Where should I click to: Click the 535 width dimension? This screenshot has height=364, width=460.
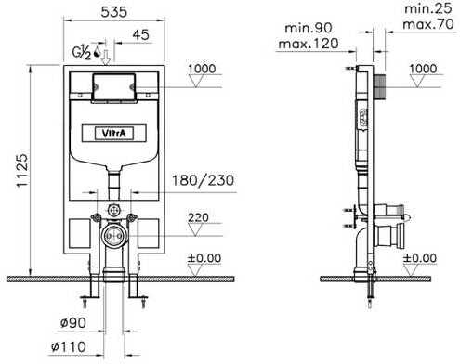114,12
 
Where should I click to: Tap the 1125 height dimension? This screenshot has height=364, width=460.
22,170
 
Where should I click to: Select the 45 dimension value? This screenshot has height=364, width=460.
140,34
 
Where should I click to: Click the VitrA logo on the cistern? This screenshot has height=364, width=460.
114,134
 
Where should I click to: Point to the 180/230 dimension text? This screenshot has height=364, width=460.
203,180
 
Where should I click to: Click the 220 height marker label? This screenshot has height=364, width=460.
198,217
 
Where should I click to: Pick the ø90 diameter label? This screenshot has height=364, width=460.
73,323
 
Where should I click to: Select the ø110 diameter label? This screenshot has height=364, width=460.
69,346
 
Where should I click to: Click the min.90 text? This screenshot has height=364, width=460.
309,28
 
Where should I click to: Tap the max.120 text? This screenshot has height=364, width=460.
309,44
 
